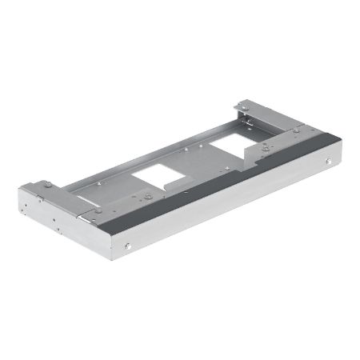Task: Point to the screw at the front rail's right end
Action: pyautogui.click(x=329, y=164)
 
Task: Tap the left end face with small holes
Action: pyautogui.click(x=48, y=217)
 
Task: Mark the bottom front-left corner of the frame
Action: pyautogui.click(x=128, y=264)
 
